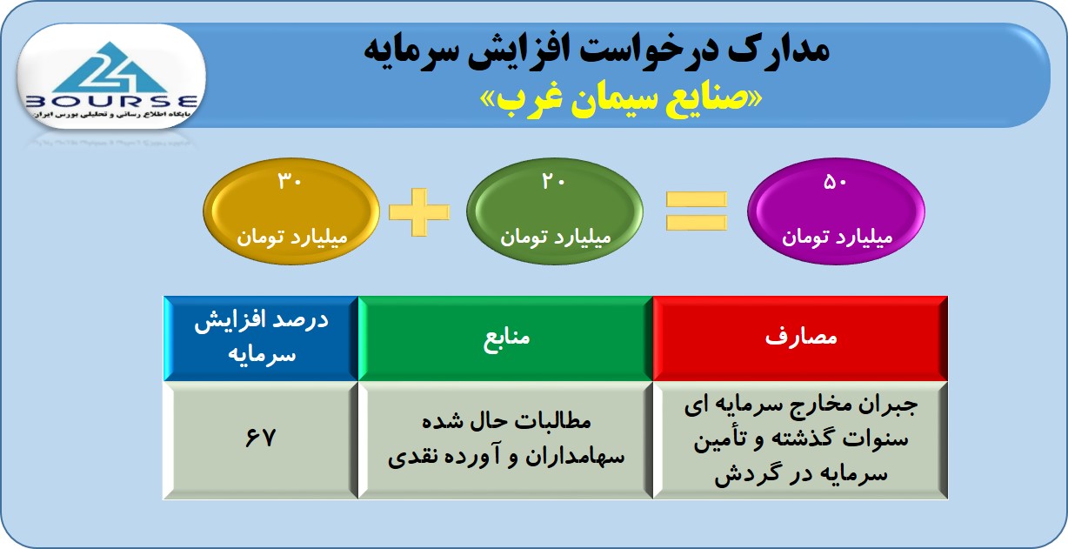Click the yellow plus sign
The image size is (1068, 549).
pos(419,212)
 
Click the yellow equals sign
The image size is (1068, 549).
pos(697,211)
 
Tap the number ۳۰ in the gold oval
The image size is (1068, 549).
pos(290,181)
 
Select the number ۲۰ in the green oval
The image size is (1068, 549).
pos(553,181)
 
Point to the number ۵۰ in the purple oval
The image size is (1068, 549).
pos(835,182)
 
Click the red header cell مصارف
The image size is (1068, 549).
pos(800,338)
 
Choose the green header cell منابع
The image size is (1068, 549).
pos(505,338)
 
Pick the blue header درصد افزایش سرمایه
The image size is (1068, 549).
pos(261,338)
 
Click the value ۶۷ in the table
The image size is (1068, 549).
pos(260,438)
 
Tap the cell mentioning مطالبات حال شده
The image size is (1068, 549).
pos(505,439)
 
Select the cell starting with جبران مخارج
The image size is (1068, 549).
pos(800,439)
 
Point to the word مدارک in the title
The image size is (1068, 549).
pos(778,50)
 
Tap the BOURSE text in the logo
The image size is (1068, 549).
pos(111,101)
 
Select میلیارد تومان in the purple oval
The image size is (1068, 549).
pos(837,237)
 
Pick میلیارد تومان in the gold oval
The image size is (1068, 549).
pos(292,237)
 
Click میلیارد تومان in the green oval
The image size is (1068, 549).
pos(556,237)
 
